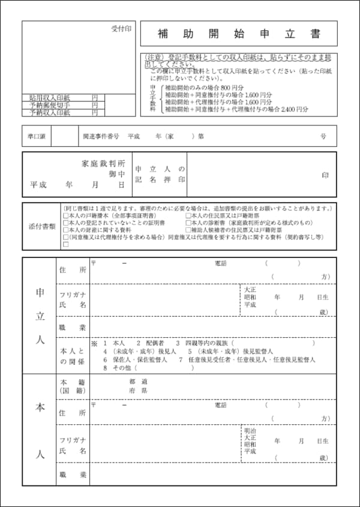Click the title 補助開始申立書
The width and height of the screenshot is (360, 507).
pos(238,34)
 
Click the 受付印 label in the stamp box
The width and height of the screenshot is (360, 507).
pos(121,29)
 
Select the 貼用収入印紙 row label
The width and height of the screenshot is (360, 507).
pos(50,97)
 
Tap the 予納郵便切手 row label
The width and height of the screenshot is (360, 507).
pos(50,104)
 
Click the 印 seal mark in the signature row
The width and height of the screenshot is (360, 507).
pos(325,175)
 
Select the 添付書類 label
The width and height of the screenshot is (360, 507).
pos(42,227)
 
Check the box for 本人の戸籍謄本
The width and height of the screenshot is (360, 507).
pos(65,215)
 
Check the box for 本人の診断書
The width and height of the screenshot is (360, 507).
pos(188,223)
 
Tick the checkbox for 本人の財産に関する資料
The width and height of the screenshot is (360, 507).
pos(65,230)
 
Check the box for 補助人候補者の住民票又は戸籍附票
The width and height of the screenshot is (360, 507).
pos(188,230)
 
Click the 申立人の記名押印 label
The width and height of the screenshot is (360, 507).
pos(160,175)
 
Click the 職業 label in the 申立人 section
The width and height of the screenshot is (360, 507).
pos(73,328)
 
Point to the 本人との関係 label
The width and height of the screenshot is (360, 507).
pos(73,356)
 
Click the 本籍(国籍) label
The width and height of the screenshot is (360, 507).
pos(73,385)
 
